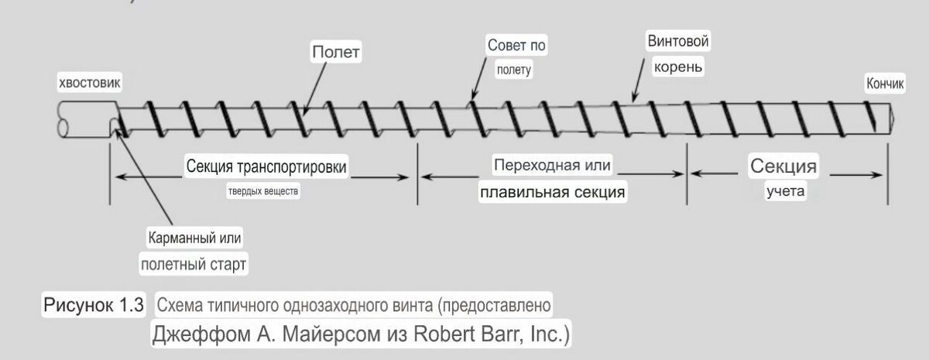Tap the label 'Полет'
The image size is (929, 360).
[x=337, y=53]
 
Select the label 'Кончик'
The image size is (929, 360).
[x=884, y=85]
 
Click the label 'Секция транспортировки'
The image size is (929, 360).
[x=266, y=166]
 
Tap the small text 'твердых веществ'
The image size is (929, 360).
[x=262, y=190]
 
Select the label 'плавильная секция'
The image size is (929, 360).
[x=552, y=191]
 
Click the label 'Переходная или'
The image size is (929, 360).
[x=553, y=165]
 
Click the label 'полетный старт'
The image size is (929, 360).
[x=194, y=263]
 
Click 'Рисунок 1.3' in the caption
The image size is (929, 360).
[x=94, y=304]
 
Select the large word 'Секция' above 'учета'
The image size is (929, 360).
[x=783, y=166]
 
